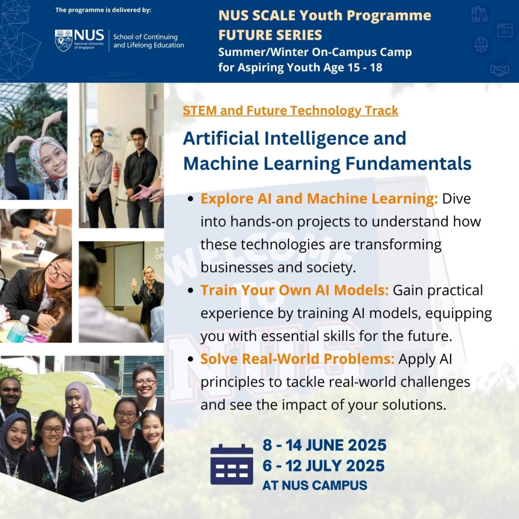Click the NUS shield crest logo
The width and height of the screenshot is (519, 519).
63,40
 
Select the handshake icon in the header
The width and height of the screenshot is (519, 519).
500,70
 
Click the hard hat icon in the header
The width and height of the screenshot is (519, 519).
481,44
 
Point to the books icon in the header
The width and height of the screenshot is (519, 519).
480,14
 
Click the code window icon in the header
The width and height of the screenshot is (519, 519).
505,30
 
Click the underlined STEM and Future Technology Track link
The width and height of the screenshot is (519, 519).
290,111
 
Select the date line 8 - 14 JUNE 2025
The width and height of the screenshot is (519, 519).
324,445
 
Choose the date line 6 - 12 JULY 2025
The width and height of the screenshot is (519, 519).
323,466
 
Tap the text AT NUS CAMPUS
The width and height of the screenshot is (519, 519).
315,485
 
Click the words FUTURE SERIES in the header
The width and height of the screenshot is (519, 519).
270,35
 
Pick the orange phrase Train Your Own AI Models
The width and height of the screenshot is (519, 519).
295,290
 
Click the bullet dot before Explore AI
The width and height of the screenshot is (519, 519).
191,199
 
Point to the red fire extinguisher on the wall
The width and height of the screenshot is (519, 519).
116,174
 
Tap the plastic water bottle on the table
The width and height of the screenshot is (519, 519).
18,329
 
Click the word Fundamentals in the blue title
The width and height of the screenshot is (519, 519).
408,163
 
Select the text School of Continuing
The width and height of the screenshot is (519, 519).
146,37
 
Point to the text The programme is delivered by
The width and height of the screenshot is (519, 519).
103,10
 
